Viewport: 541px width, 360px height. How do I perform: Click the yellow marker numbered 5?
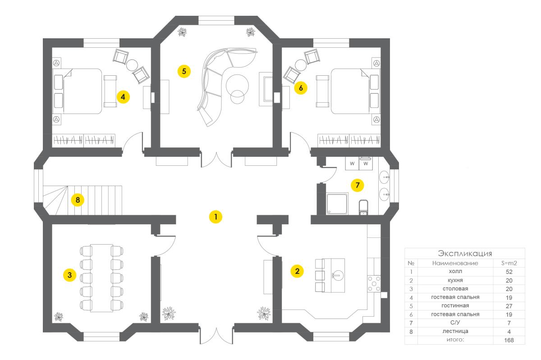pos(184,71)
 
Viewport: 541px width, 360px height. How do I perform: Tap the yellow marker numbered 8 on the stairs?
pos(78,200)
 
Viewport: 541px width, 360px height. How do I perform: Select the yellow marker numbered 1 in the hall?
pos(215,217)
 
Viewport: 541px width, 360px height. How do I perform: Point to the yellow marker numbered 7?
pos(358,185)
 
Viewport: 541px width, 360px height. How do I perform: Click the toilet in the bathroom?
pos(363,207)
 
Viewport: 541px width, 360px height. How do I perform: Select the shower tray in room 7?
pos(337,204)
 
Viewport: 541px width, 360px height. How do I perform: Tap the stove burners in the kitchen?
pos(374,284)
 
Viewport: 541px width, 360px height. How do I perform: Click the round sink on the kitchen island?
pos(337,275)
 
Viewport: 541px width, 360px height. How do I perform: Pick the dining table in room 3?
pos(102,278)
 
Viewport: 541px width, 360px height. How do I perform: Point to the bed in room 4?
pos(77,91)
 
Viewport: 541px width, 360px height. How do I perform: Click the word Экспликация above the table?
pos(465,253)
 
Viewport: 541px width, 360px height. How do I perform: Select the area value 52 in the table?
pos(509,272)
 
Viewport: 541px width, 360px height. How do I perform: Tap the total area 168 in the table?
pos(509,340)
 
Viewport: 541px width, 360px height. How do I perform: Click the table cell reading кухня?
pos(455,280)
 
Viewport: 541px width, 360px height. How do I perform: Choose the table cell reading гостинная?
pos(455,305)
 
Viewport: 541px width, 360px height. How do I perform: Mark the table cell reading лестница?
pos(455,331)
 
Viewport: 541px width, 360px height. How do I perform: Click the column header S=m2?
pos(509,263)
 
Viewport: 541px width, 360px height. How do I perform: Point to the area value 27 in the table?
pos(509,306)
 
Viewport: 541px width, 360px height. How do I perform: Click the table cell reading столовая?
pos(455,289)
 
